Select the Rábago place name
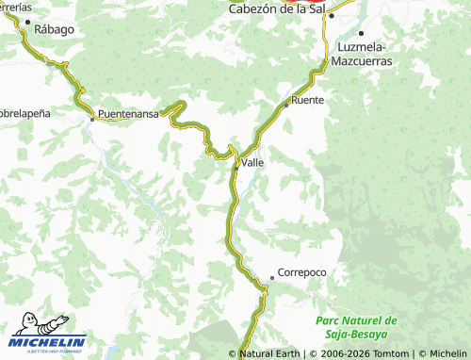pos(54,29)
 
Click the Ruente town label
pos(308,99)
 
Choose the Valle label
pos(252,162)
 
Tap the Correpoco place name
pos(302,272)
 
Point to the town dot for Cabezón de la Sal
pos(331,16)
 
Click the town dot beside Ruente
pos(287,102)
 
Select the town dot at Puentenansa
pos(92,119)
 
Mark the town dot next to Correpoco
pos(272,277)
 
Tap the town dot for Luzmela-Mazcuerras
pos(361,33)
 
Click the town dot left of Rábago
pos(27,22)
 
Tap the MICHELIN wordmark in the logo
pos(49,341)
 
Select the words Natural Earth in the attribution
pos(270,354)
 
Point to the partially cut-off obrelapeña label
pos(25,110)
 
